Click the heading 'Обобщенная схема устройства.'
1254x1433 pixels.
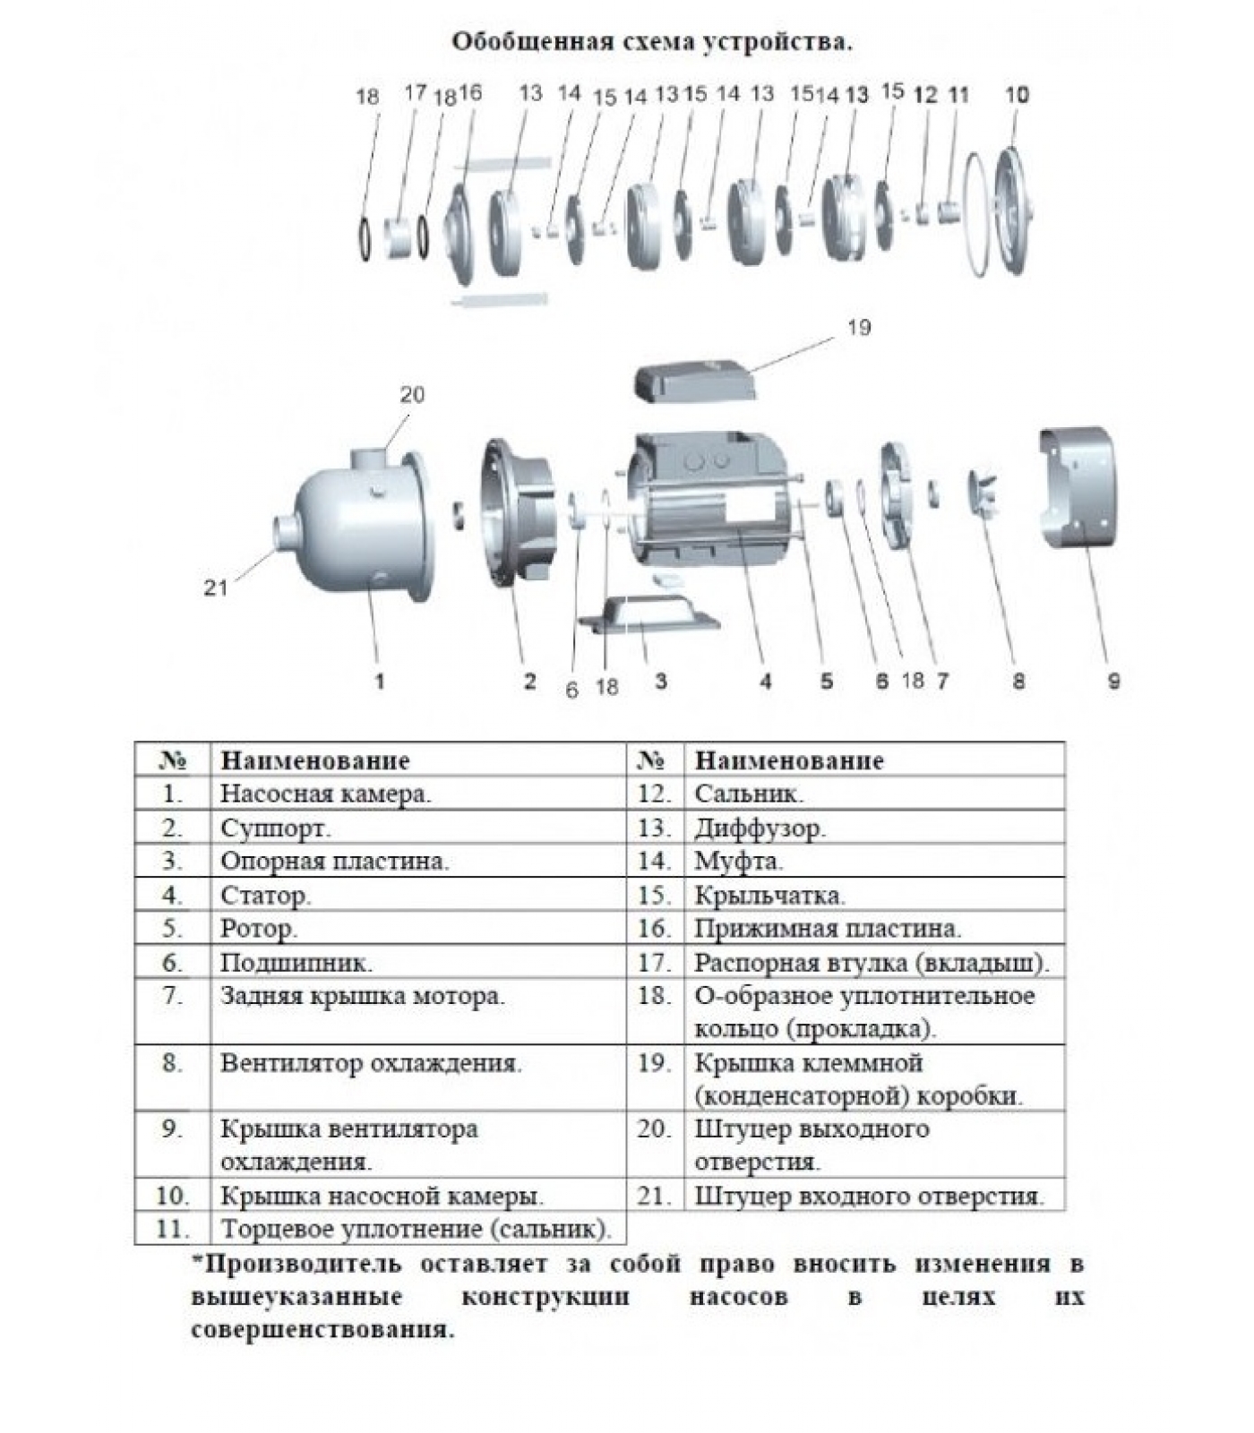click(x=651, y=41)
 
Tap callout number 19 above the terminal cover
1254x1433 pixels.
click(x=858, y=328)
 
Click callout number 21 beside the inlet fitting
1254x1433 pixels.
click(x=216, y=588)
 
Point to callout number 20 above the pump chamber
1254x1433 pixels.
click(x=412, y=394)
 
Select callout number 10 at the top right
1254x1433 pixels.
click(x=1018, y=94)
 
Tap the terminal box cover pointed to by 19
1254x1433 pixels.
click(x=694, y=379)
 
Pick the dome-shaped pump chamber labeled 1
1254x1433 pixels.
click(x=358, y=528)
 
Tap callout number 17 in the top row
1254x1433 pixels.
click(x=415, y=92)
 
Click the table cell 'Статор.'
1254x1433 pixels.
click(x=266, y=895)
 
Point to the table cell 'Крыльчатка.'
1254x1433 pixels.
click(x=769, y=895)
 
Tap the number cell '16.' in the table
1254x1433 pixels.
click(x=655, y=928)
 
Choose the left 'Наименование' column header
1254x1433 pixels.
click(x=315, y=760)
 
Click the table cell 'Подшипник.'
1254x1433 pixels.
click(x=296, y=963)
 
